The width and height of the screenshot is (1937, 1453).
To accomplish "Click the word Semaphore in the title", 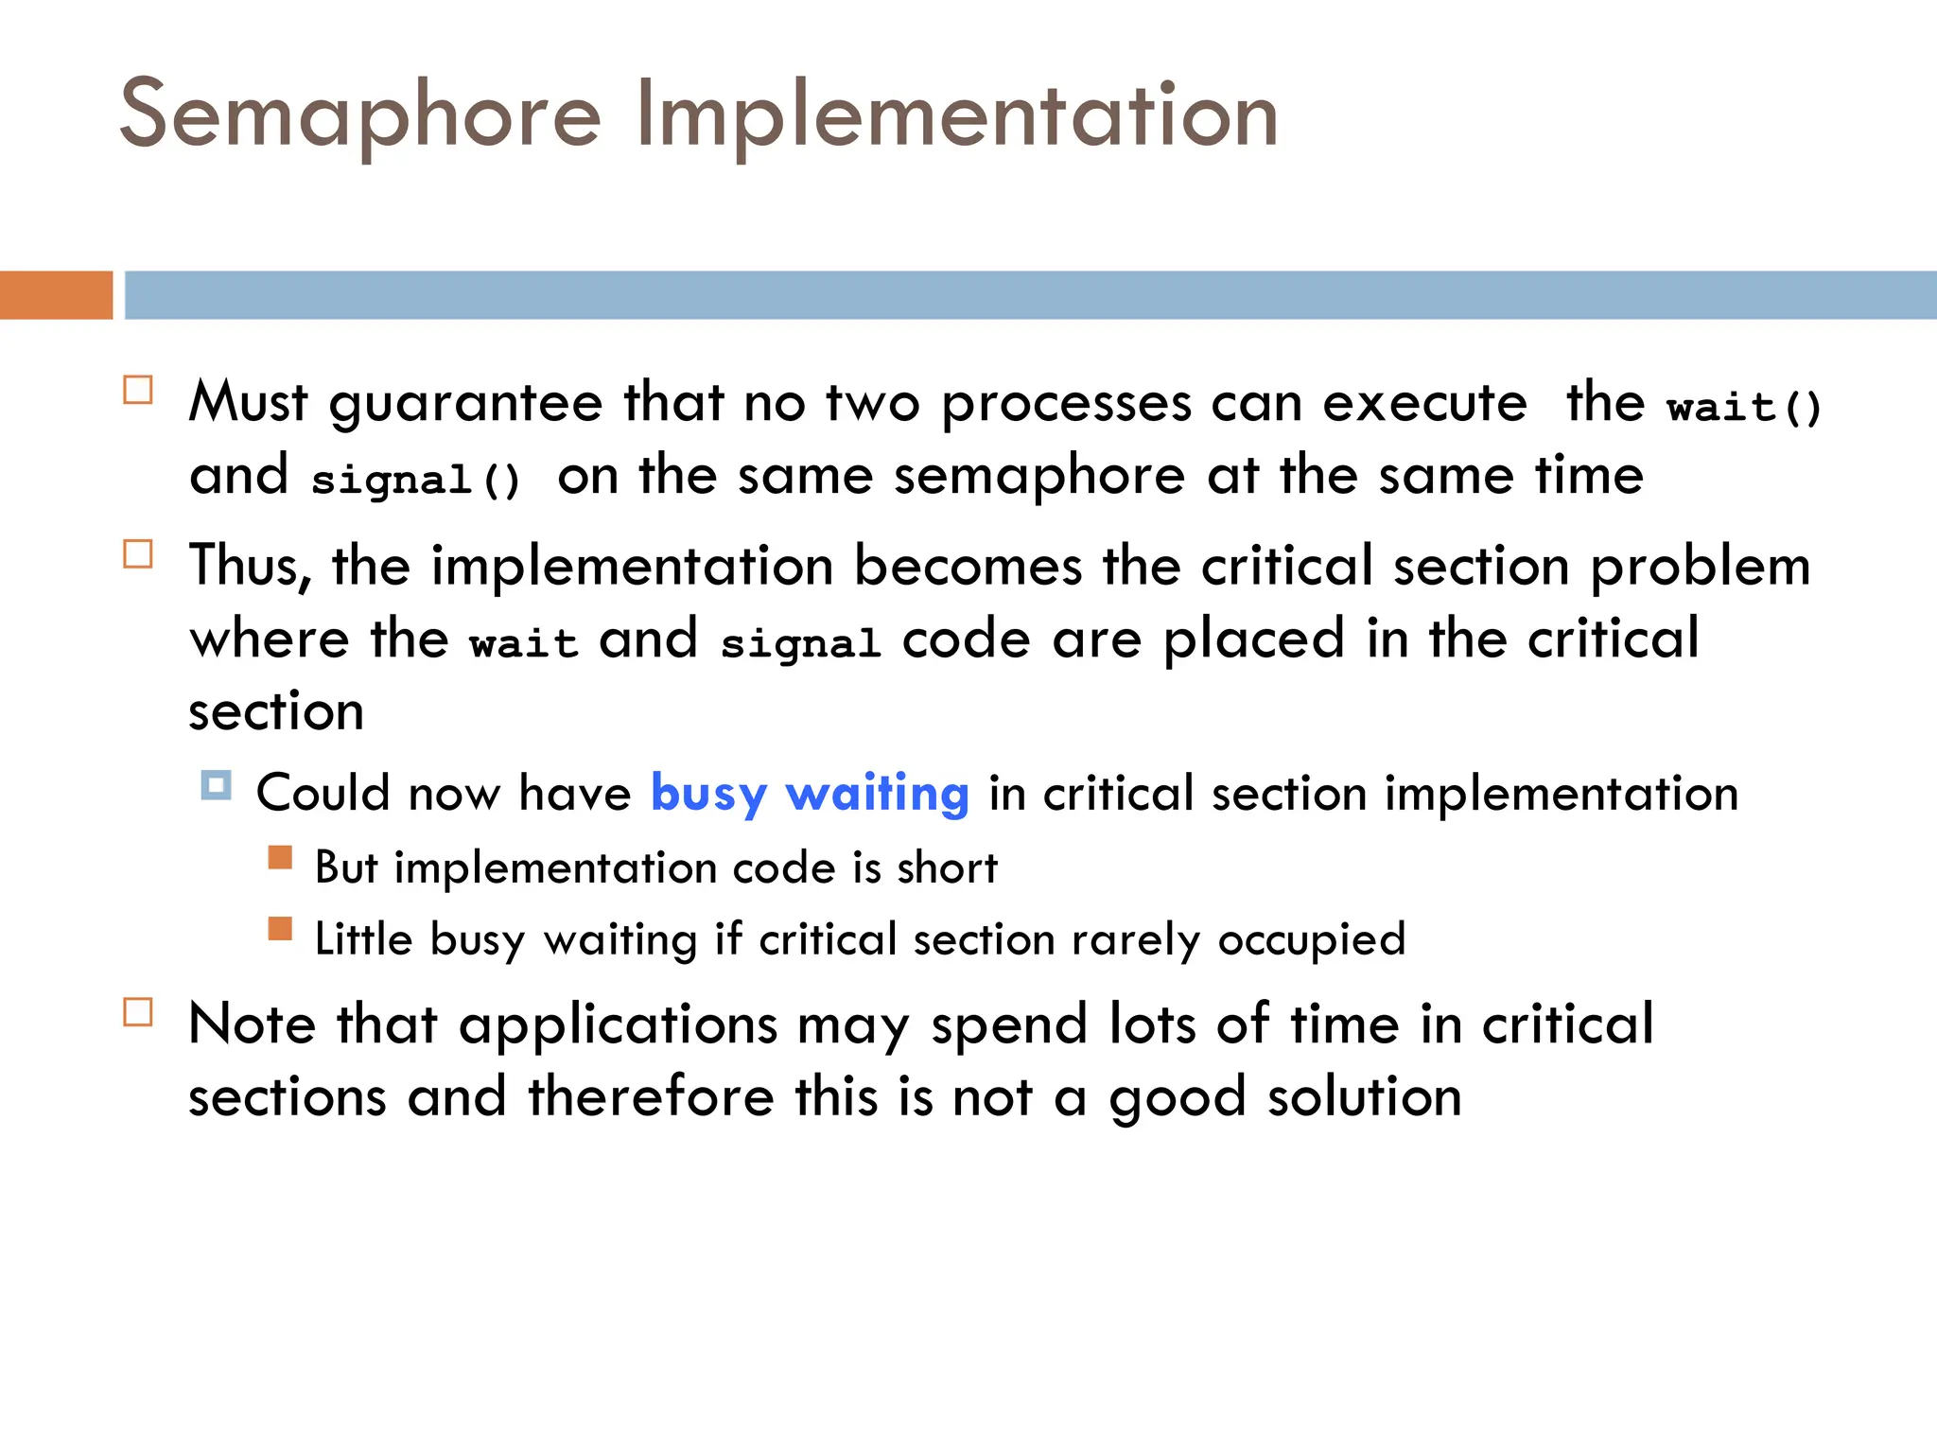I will click(x=360, y=115).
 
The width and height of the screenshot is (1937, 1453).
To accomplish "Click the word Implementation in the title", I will click(x=957, y=115).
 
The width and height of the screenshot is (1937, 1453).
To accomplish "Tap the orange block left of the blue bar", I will click(x=56, y=295).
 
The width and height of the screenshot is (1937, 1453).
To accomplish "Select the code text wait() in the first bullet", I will click(x=1744, y=408).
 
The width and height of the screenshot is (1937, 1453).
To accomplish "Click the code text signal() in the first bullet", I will click(x=415, y=480).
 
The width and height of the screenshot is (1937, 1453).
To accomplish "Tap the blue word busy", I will click(x=708, y=794).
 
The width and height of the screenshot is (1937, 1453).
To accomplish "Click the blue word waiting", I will click(x=877, y=794).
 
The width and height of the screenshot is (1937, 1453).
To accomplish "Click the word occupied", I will click(x=1312, y=940).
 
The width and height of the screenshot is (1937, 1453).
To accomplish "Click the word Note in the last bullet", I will click(x=252, y=1024).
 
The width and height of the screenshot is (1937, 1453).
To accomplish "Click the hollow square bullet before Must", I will click(x=138, y=390).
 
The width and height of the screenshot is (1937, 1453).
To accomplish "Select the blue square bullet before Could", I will click(x=216, y=785).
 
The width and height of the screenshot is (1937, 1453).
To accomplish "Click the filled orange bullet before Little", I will click(x=280, y=929).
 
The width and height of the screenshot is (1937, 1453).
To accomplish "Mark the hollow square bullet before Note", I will click(x=138, y=1012).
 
